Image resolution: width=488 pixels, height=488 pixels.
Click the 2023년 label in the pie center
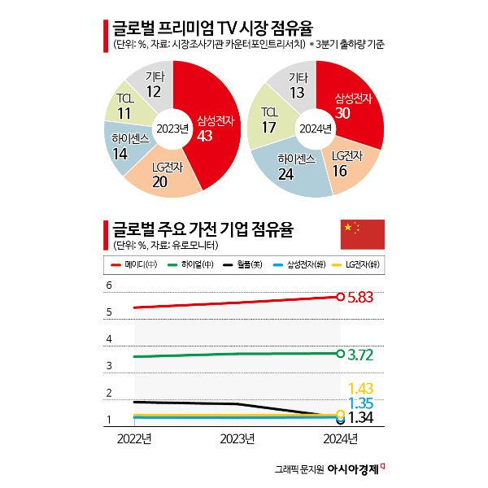[172, 129]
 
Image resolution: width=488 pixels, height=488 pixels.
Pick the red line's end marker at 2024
[339, 297]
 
